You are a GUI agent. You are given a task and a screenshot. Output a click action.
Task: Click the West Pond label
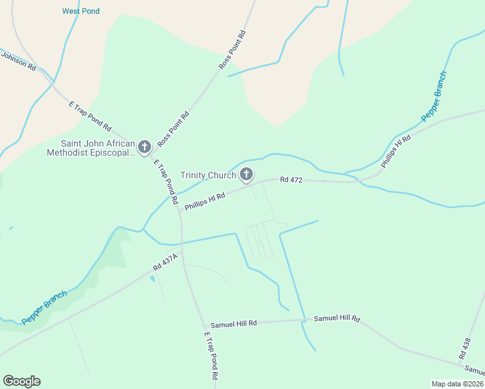click(x=81, y=11)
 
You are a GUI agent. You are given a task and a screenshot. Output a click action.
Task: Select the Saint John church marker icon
click(x=144, y=147)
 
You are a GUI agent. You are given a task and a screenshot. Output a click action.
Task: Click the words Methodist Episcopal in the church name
click(x=90, y=153)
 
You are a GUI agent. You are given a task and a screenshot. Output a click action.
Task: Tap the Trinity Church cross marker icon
click(x=246, y=174)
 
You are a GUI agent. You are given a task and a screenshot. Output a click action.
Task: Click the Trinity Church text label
click(x=207, y=175)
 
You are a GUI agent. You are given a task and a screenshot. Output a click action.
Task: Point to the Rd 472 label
click(x=292, y=179)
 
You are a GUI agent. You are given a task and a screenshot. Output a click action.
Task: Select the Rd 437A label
click(x=166, y=261)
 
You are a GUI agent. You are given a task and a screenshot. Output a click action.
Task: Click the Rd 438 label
click(x=464, y=348)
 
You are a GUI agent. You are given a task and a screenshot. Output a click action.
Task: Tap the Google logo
click(x=21, y=381)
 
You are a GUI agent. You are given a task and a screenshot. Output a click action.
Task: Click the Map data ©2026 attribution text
click(x=456, y=384)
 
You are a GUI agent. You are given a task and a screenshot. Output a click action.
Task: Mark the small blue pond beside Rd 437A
click(x=152, y=279)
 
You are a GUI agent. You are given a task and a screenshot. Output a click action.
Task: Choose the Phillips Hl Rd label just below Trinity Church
click(x=204, y=200)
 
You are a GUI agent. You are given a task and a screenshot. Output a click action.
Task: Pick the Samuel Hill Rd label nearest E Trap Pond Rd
click(x=233, y=323)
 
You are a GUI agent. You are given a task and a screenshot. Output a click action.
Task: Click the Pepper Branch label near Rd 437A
click(x=44, y=307)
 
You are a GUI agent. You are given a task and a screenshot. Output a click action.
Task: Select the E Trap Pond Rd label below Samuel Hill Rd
click(x=211, y=357)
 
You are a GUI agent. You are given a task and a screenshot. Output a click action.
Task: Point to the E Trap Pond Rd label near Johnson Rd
click(x=90, y=115)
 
